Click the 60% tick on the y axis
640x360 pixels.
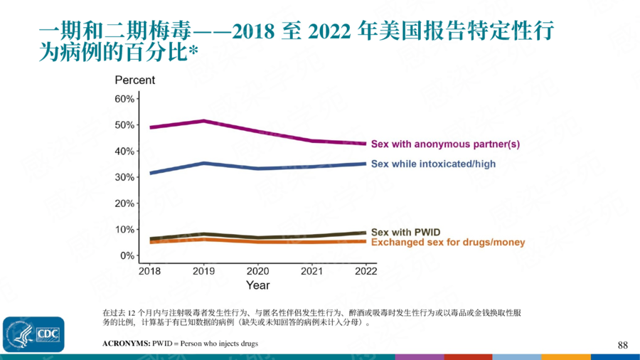pyautogui.click(x=124, y=98)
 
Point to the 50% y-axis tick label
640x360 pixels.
pyautogui.click(x=124, y=125)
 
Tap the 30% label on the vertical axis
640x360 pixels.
pyautogui.click(x=124, y=177)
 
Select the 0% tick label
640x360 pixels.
pyautogui.click(x=126, y=255)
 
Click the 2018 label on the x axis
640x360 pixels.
pyautogui.click(x=149, y=270)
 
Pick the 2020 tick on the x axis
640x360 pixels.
pyautogui.click(x=257, y=270)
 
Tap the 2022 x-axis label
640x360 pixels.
pyautogui.click(x=366, y=270)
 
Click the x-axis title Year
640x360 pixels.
pyautogui.click(x=257, y=285)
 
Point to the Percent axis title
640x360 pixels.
pyautogui.click(x=134, y=80)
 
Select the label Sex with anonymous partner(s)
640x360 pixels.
pyautogui.click(x=445, y=144)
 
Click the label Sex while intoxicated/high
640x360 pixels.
pyautogui.click(x=433, y=164)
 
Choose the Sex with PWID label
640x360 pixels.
pyautogui.click(x=406, y=233)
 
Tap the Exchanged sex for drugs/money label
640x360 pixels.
pyautogui.click(x=448, y=243)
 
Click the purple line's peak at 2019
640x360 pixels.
pyautogui.click(x=204, y=121)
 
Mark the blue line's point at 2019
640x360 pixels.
pyautogui.click(x=204, y=163)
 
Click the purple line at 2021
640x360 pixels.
pyautogui.click(x=312, y=141)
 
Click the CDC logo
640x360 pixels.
pyautogui.click(x=33, y=333)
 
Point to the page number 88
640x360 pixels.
pyautogui.click(x=622, y=345)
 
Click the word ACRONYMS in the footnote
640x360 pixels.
pyautogui.click(x=127, y=344)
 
